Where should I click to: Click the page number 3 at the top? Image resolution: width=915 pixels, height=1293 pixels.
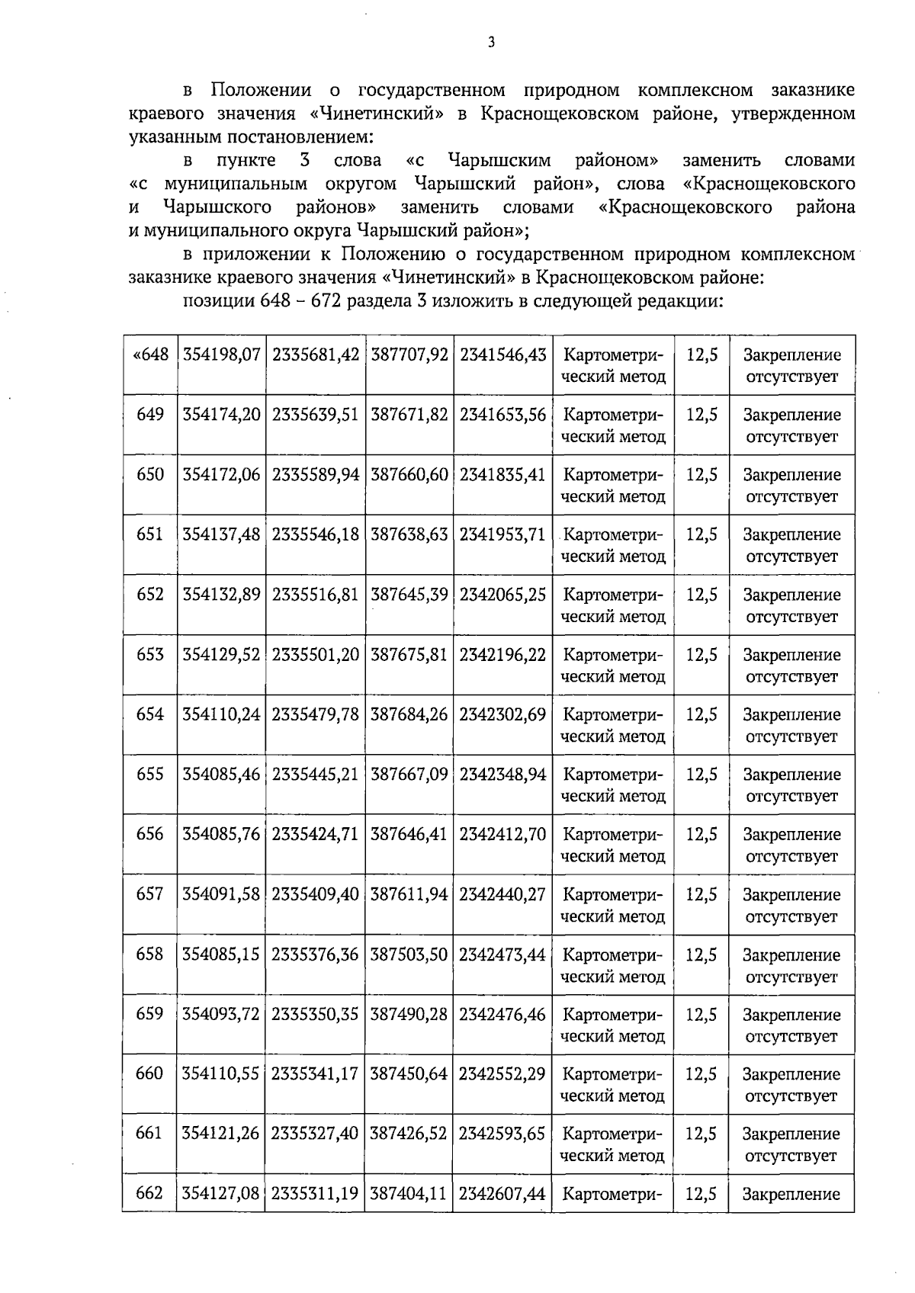[492, 42]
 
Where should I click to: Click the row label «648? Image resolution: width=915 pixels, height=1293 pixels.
[150, 355]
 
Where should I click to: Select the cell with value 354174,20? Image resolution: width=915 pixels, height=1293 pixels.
[221, 415]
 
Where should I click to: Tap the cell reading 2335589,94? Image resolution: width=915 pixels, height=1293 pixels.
[315, 474]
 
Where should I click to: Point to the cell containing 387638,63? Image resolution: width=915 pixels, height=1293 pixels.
[409, 534]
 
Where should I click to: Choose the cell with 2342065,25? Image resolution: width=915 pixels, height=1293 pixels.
[502, 595]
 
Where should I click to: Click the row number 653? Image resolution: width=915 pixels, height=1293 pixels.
[150, 654]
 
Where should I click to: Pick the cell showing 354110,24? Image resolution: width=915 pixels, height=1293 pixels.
[221, 714]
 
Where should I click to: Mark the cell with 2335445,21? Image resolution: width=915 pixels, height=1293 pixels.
[315, 775]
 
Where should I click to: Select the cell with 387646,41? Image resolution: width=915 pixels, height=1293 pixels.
[409, 834]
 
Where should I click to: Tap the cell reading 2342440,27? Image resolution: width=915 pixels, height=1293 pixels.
[502, 894]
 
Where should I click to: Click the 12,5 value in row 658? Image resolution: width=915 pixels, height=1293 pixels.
[701, 955]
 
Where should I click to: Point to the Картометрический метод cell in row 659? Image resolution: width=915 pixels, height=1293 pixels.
[613, 1025]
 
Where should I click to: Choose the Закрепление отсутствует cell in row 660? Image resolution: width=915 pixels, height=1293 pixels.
[791, 1085]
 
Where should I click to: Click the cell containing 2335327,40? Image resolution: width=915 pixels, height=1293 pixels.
[315, 1134]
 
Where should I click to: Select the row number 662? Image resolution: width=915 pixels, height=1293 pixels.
[150, 1193]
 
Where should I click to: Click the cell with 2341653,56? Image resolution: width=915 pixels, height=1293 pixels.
[502, 415]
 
